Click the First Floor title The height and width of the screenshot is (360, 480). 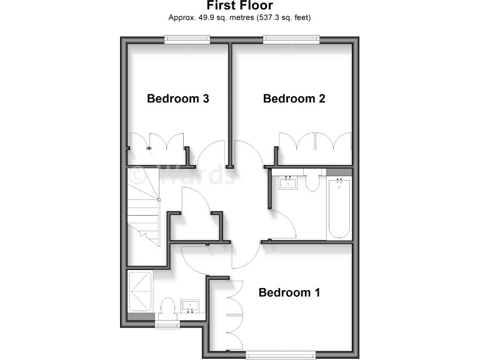tap(240, 6)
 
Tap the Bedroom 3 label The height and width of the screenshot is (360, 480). tap(177, 98)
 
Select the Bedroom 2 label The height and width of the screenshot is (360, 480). tap(294, 98)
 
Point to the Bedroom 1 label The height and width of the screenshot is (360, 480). tap(289, 292)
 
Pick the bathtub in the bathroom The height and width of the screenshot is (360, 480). tap(339, 207)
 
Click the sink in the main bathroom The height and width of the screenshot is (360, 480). tap(288, 182)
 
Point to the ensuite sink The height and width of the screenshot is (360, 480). tap(190, 307)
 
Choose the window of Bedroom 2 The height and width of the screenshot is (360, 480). tap(292, 40)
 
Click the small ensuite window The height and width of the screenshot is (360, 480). tap(167, 324)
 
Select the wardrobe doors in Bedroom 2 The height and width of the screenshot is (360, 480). tap(316, 142)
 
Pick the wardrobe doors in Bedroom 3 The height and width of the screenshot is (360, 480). tap(156, 142)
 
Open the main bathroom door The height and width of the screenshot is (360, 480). tap(282, 224)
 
